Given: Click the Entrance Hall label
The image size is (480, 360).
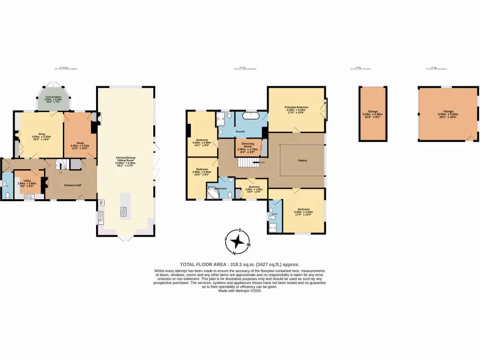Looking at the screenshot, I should (73, 185).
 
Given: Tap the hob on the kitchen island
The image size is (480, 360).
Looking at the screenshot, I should (124, 212).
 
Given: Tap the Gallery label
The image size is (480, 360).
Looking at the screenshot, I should (302, 160).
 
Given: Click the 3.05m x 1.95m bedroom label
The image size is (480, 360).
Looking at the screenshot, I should (252, 189).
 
